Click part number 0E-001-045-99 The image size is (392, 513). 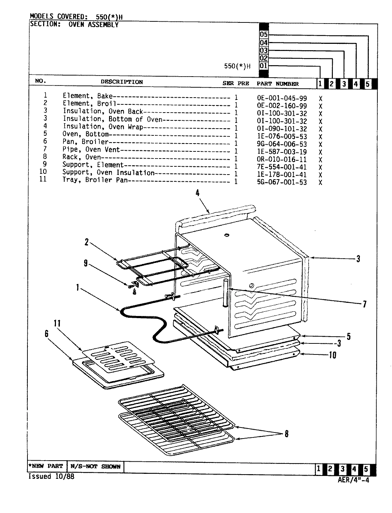282,98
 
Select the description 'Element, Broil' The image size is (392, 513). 89,103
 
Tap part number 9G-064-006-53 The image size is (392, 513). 282,144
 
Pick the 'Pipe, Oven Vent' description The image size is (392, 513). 91,150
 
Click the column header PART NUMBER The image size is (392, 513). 277,84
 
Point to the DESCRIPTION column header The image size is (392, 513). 122,82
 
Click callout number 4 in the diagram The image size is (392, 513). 197,193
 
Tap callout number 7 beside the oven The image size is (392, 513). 364,304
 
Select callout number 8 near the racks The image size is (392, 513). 286,434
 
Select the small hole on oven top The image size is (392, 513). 226,235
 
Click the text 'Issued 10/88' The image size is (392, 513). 51,477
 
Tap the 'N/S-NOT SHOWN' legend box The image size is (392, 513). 95,466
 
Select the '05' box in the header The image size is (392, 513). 264,35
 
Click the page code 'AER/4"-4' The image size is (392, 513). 353,480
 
